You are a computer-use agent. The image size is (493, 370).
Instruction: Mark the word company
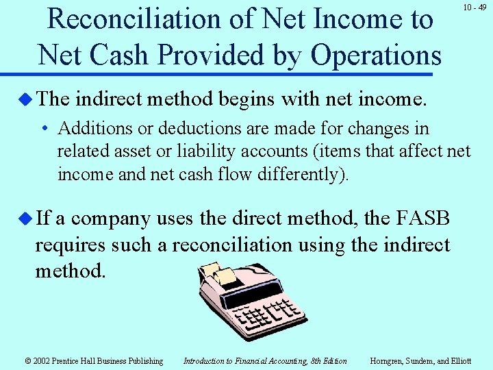[110, 219]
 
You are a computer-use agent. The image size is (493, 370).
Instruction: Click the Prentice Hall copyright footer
[94, 361]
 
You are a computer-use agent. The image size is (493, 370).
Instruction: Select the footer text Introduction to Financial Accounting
[265, 361]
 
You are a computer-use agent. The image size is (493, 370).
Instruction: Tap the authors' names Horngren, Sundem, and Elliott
[420, 361]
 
